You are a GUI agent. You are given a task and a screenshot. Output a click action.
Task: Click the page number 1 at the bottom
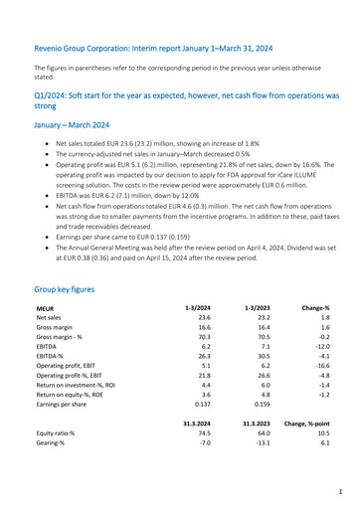339,491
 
